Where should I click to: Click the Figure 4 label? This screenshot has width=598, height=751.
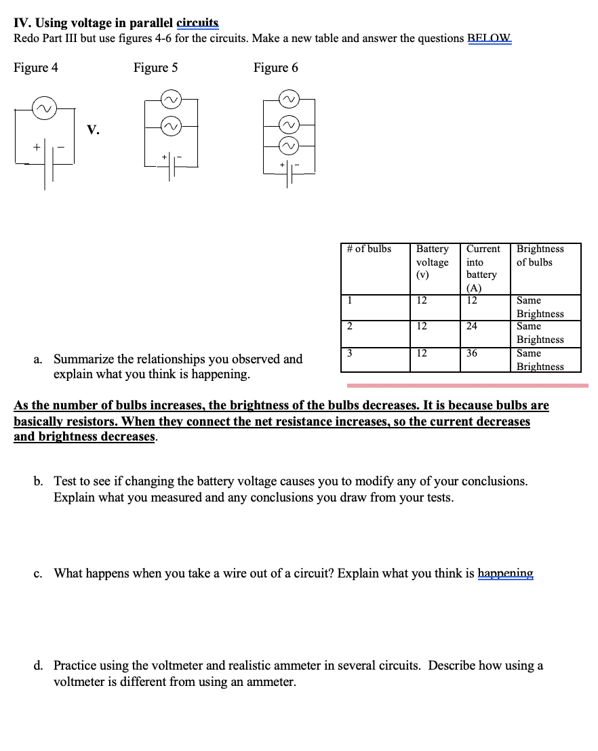[x=36, y=68]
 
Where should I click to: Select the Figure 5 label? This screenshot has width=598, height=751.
[x=155, y=68]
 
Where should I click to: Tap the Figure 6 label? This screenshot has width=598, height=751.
[x=275, y=68]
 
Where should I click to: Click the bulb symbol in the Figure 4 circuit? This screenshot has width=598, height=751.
[x=46, y=108]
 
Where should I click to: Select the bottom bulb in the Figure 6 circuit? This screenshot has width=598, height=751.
[x=290, y=145]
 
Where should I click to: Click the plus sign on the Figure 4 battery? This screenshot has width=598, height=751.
[x=28, y=146]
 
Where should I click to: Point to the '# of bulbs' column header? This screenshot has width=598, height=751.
[x=369, y=249]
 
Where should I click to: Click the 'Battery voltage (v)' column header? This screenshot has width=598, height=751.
[x=432, y=262]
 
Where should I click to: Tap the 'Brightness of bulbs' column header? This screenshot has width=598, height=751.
[x=540, y=256]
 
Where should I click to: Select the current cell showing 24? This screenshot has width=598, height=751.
[x=472, y=326]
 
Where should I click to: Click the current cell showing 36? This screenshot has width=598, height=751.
[x=472, y=353]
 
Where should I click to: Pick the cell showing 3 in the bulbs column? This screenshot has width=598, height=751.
[x=349, y=353]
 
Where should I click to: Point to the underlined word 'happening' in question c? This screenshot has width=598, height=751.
[x=505, y=573]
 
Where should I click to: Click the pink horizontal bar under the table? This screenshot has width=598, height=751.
[x=467, y=386]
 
